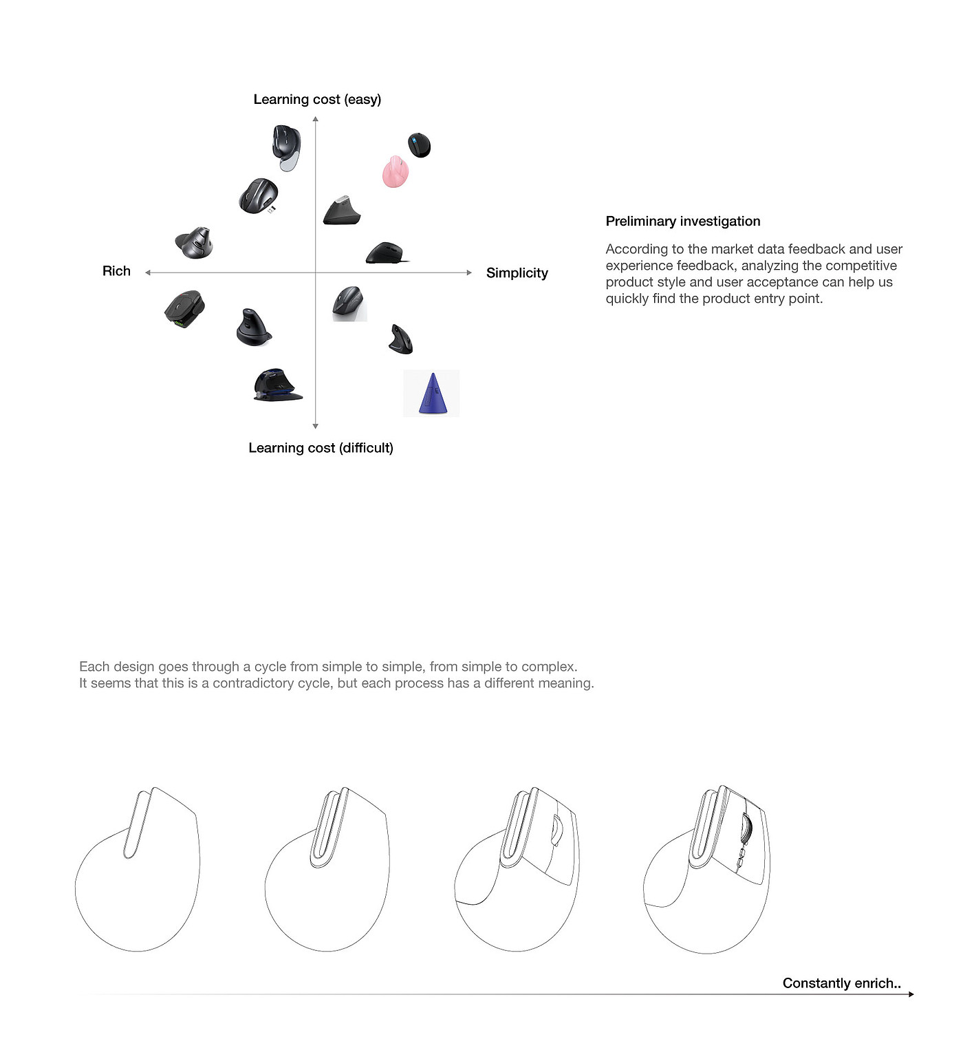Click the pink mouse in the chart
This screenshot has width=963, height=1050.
tap(396, 172)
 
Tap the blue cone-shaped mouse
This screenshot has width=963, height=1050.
tap(432, 394)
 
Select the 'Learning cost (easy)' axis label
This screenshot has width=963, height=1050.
tap(317, 100)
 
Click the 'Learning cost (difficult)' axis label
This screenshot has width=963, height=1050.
tap(321, 448)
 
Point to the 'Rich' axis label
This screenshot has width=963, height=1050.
tap(116, 271)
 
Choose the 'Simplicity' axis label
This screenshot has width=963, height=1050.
tap(517, 273)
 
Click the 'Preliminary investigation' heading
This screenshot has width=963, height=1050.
tap(682, 222)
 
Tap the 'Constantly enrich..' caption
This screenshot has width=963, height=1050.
tap(841, 983)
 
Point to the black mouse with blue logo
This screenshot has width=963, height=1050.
tap(419, 145)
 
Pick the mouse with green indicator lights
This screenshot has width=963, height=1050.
tap(184, 309)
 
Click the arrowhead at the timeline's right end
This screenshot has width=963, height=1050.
tap(911, 994)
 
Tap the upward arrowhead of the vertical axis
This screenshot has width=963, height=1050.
tap(316, 120)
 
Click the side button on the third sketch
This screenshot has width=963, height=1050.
tap(556, 831)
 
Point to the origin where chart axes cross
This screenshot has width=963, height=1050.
tap(316, 273)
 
